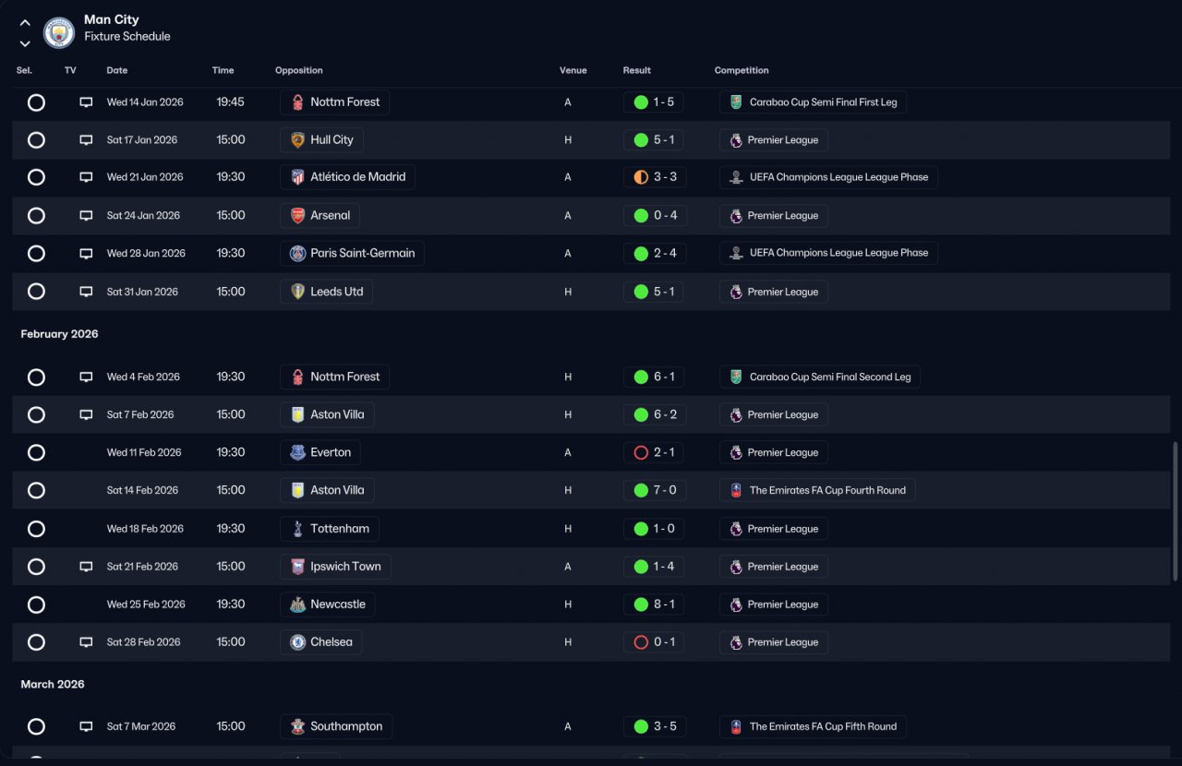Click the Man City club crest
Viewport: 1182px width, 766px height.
[x=58, y=32]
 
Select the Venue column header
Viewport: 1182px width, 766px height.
[x=573, y=70]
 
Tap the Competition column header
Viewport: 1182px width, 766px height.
[x=742, y=70]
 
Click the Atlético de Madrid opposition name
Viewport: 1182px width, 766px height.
[x=357, y=176]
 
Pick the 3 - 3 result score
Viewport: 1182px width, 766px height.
[x=665, y=176]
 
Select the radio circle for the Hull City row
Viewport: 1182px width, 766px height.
[x=36, y=139]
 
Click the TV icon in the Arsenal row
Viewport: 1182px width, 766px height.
[x=86, y=215]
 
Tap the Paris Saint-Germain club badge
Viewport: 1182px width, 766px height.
[x=297, y=253]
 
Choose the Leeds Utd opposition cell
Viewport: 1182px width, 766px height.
[x=326, y=292]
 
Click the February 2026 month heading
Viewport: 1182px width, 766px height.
[x=59, y=334]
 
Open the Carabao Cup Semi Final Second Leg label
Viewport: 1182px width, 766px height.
[x=830, y=377]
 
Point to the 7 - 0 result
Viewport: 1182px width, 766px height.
[x=665, y=490]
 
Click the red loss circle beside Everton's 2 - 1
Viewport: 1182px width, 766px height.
[x=641, y=452]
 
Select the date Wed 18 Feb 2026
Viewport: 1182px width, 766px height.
[x=145, y=529]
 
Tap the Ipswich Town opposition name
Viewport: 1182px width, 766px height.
[x=345, y=567]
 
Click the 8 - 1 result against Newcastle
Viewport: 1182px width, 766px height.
[x=664, y=604]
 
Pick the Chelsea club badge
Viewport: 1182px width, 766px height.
[x=297, y=642]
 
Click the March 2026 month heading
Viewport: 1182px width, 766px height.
[x=53, y=684]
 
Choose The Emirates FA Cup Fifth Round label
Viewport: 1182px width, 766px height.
[x=823, y=726]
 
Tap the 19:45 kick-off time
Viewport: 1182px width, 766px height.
[x=230, y=102]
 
